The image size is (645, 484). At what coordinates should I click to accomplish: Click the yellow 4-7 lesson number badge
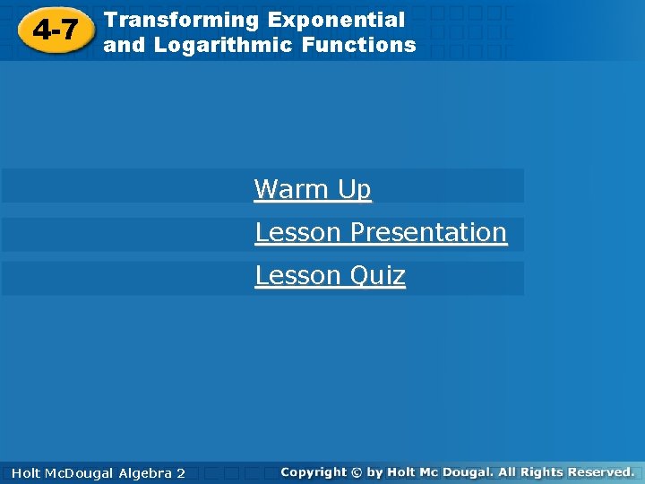pos(55,32)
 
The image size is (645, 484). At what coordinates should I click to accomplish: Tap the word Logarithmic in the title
pos(223,45)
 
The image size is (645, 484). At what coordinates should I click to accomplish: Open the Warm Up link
pos(313,189)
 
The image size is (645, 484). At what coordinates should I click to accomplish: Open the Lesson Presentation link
pos(381,232)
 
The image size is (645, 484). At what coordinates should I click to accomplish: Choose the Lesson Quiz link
pos(330,275)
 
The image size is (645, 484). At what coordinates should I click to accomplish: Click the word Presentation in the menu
pos(428,232)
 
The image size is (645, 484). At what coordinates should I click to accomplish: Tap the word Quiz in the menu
pos(377,275)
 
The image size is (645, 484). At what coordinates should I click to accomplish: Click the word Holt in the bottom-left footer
pos(24,472)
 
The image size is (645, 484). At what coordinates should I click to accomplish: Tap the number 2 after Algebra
pos(181,472)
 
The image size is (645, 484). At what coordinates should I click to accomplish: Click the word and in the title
pos(125,45)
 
